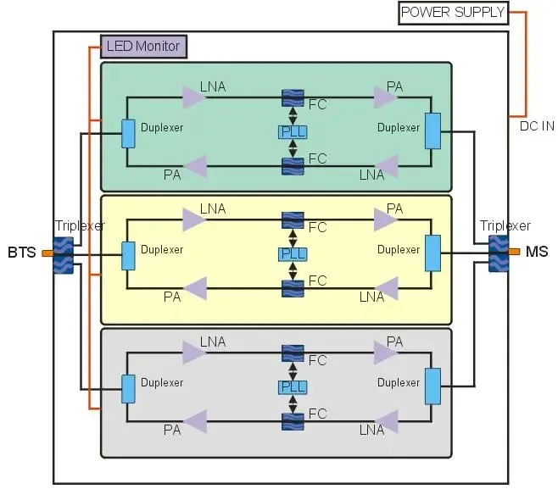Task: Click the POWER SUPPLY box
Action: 453,13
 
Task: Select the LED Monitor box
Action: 143,46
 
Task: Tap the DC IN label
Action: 536,126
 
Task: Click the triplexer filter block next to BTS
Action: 63,255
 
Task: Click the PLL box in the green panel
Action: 293,131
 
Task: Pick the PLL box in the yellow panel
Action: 293,254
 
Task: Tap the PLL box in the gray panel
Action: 293,386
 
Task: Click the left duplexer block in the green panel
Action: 128,133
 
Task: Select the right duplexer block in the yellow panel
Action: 432,253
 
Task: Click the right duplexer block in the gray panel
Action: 432,386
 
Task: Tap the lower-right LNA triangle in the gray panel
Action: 387,421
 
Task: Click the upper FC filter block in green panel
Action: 293,98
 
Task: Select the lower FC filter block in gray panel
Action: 293,420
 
